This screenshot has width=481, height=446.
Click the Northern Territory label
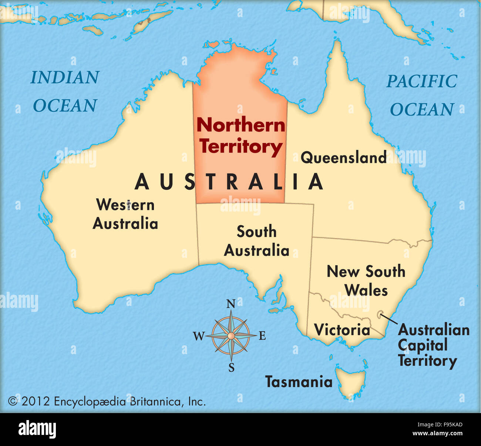[x=240, y=136]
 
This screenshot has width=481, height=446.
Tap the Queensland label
[x=343, y=157]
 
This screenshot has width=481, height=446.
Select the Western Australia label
[x=125, y=214]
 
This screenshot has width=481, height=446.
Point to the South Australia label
[x=256, y=241]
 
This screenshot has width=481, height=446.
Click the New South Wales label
[x=366, y=281]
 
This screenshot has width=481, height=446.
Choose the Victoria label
[x=342, y=330]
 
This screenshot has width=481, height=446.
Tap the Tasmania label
[x=299, y=382]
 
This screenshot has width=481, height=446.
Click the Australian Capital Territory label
[x=433, y=345]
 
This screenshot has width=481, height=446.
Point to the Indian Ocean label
[x=65, y=91]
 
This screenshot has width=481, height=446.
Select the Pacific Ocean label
[x=422, y=95]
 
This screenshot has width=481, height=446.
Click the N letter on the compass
[x=231, y=304]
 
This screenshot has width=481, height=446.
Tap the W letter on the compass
[x=199, y=336]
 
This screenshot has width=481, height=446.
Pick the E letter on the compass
[x=262, y=336]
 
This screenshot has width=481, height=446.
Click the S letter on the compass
[x=231, y=367]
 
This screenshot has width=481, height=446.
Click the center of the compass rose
[x=231, y=336]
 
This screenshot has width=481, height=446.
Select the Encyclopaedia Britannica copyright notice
[x=107, y=401]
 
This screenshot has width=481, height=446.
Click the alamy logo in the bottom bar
[x=37, y=430]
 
